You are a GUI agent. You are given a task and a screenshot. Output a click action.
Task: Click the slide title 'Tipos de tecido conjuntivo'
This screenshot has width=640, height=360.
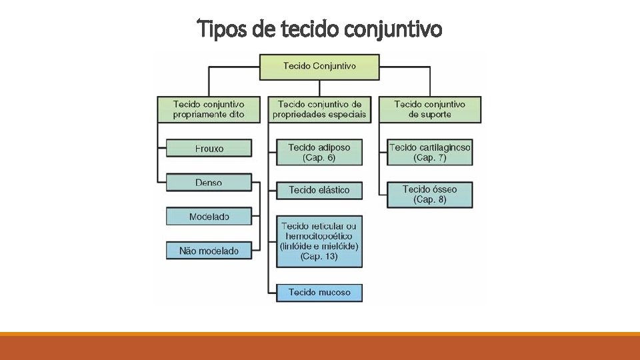pyautogui.click(x=320, y=30)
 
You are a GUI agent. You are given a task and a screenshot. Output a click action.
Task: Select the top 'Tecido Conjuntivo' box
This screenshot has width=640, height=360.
pyautogui.click(x=319, y=67)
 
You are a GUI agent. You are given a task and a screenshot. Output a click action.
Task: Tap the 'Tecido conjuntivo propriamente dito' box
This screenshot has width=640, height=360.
pyautogui.click(x=209, y=109)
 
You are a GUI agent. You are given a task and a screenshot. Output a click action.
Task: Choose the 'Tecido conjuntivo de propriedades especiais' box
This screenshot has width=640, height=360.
pyautogui.click(x=319, y=109)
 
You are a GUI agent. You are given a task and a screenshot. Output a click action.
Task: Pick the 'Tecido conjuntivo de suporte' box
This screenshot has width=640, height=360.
pyautogui.click(x=430, y=109)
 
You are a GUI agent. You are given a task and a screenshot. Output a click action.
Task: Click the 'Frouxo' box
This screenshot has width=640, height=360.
pyautogui.click(x=209, y=149)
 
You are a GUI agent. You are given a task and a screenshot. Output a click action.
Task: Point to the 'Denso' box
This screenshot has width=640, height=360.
pyautogui.click(x=209, y=183)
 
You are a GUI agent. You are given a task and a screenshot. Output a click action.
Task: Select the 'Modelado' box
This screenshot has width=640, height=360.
pyautogui.click(x=209, y=217)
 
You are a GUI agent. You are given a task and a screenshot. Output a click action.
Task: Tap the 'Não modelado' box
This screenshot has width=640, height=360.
pyautogui.click(x=209, y=251)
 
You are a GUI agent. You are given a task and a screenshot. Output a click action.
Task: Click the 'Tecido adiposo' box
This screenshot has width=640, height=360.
pyautogui.click(x=319, y=152)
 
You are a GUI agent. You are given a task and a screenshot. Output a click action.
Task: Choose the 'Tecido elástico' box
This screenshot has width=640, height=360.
pyautogui.click(x=319, y=190)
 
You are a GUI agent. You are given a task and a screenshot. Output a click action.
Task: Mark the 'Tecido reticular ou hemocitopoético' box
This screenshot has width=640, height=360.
pyautogui.click(x=319, y=241)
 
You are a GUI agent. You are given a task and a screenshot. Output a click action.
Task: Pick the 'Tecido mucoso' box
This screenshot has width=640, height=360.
pyautogui.click(x=319, y=292)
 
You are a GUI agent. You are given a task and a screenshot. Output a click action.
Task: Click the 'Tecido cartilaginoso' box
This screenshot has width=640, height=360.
pyautogui.click(x=430, y=152)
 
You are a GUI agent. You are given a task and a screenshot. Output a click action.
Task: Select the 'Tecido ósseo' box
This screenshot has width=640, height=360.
pyautogui.click(x=430, y=194)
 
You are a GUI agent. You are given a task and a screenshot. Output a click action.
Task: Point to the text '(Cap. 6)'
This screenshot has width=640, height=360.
pyautogui.click(x=319, y=158)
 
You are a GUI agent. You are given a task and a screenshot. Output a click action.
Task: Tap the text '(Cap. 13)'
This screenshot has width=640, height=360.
pyautogui.click(x=319, y=256)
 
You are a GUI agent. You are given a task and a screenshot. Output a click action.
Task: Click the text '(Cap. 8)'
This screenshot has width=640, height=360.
pyautogui.click(x=430, y=200)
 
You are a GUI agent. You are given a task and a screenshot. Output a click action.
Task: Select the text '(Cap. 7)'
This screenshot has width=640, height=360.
pyautogui.click(x=430, y=158)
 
